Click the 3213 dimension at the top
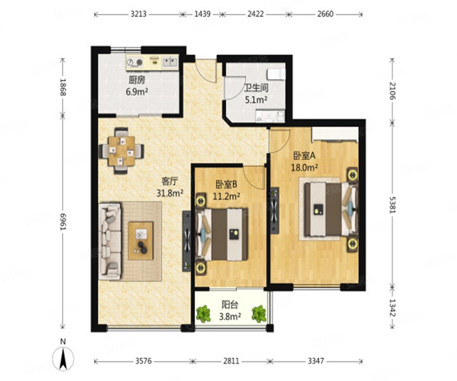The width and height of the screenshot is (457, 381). point(139,14)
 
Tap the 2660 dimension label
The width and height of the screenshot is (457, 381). point(326,14)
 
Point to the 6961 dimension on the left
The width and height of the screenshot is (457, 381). point(63,222)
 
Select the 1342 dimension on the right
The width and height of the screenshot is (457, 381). point(392,308)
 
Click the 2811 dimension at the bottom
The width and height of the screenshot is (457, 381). point(231,361)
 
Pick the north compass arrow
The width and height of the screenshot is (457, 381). point(63,359)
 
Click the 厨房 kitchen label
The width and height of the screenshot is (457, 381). point(137,80)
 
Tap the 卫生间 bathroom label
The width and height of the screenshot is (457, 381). point(256,88)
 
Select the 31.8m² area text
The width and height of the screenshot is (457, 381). point(170,193)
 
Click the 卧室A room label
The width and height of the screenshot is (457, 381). point(304,156)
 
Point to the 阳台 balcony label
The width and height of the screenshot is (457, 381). point(230,304)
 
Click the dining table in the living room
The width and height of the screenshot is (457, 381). point(122,151)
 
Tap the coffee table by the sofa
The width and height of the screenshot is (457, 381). point(141,241)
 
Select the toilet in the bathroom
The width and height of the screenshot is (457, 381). point(276,74)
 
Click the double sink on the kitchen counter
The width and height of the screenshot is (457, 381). point(170,62)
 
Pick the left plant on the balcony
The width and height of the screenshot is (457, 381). point(203,314)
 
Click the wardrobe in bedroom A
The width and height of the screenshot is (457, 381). point(335,135)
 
